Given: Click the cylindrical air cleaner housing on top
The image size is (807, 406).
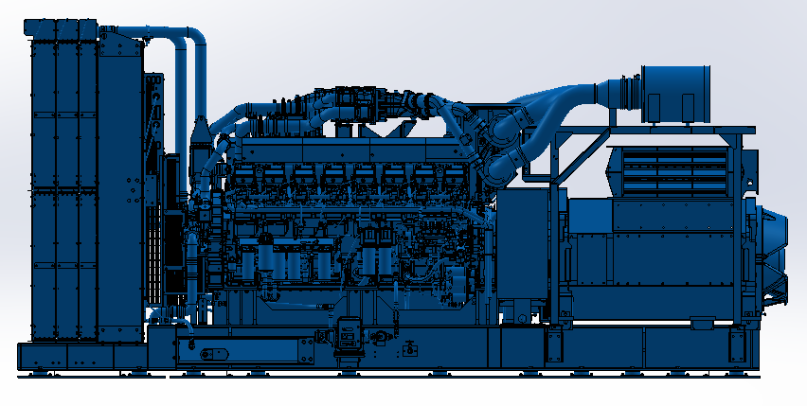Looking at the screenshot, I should pyautogui.click(x=675, y=93).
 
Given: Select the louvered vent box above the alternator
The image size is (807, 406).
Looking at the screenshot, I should pyautogui.click(x=670, y=169).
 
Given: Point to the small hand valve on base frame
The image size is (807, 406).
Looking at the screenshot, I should pyautogui.click(x=409, y=346).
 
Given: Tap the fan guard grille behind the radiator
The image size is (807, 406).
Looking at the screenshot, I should pyautogui.click(x=175, y=227).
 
